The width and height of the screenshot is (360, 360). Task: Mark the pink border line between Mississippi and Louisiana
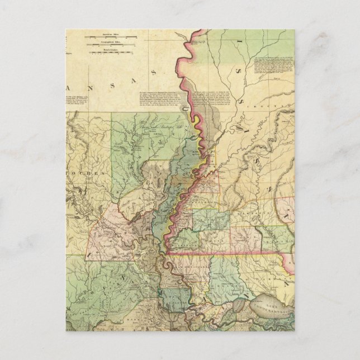tap(224, 255)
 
